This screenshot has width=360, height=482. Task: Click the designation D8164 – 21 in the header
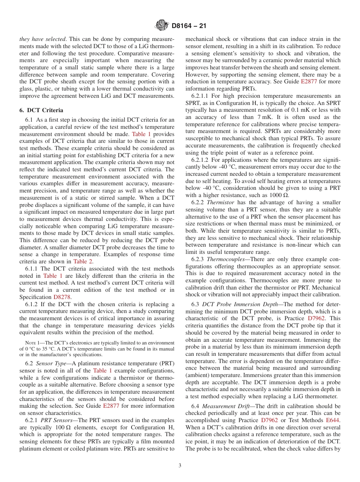189,26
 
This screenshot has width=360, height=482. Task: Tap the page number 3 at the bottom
180,466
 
